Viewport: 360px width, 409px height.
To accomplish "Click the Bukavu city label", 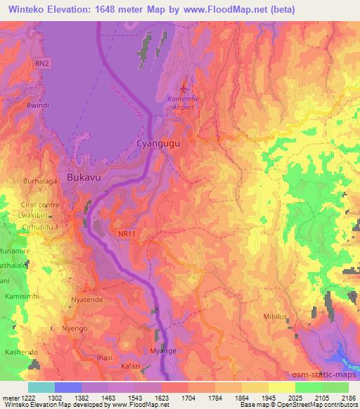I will point(84,178).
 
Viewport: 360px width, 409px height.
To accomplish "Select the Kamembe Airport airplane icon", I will point(184,89).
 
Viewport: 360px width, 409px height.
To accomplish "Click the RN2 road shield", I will point(43,63).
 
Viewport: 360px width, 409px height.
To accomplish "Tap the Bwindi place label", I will point(37,105).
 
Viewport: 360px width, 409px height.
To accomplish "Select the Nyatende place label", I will point(88,300).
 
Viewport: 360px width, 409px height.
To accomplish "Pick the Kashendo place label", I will point(21,351).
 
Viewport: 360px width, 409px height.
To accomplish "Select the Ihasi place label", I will point(105,358).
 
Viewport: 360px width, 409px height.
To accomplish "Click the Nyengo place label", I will point(75,328).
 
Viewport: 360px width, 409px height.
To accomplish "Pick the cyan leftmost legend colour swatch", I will point(41,387).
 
